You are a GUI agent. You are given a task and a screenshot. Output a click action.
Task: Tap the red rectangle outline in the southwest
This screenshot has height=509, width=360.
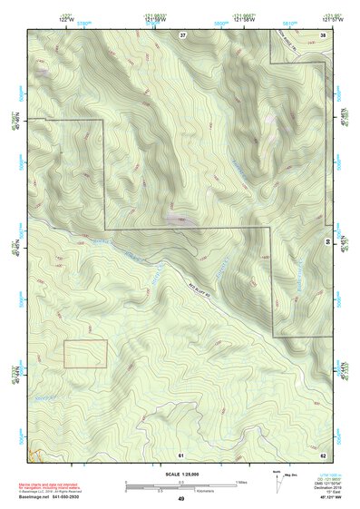click(x=85, y=354)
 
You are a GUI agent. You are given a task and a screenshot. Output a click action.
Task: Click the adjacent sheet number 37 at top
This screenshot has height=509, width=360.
click(x=182, y=34)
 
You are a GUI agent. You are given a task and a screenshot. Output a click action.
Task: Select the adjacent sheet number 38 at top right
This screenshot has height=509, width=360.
click(x=324, y=34)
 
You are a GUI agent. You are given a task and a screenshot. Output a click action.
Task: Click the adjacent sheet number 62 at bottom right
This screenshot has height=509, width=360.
click(x=324, y=454)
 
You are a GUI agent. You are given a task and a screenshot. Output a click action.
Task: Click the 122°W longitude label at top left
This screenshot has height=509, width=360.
click(x=64, y=17)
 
